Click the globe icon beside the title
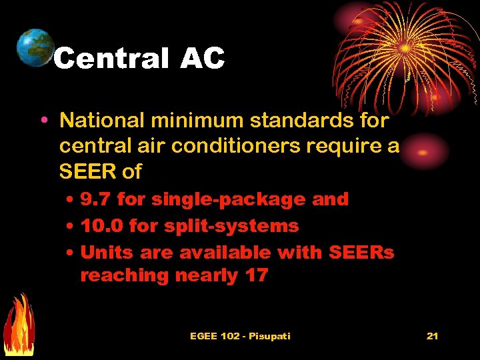[35, 47]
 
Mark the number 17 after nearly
[255, 275]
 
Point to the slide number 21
[432, 335]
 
